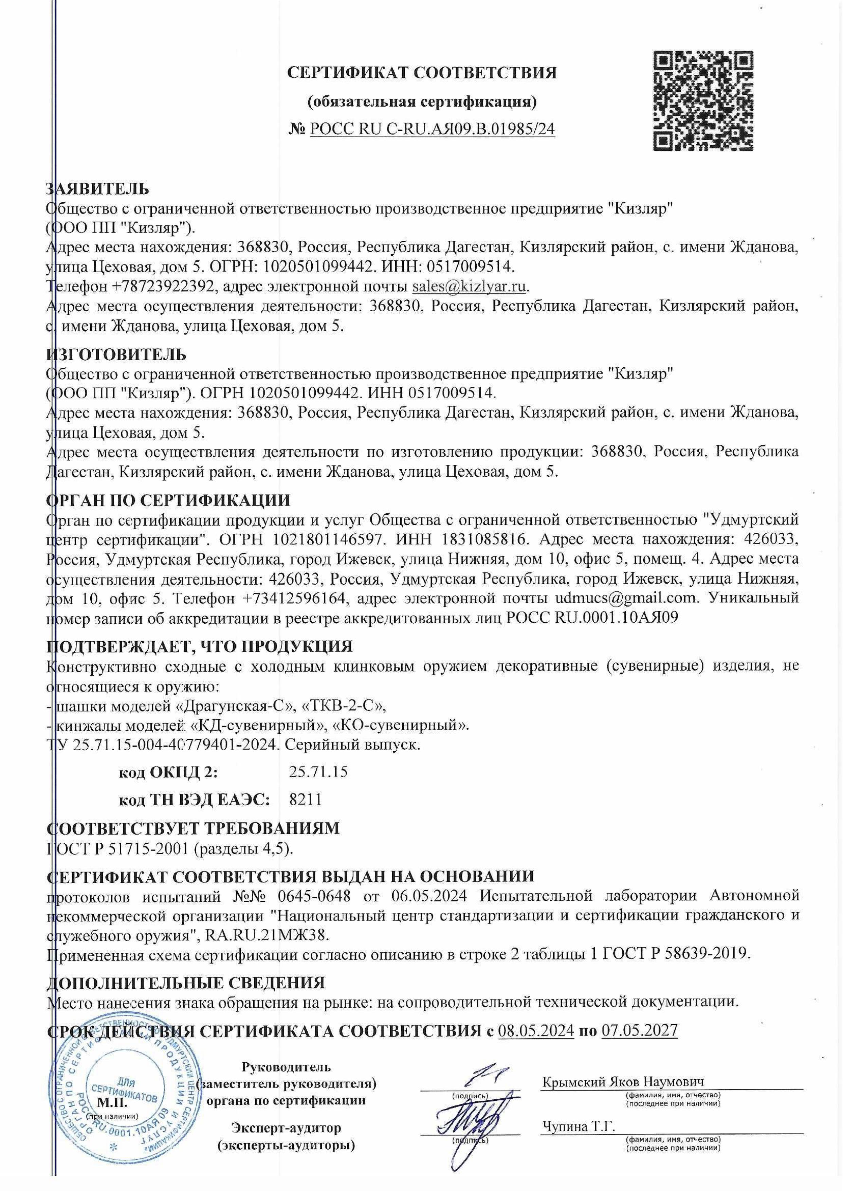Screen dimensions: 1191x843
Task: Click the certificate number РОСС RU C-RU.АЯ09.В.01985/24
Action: [x=432, y=128]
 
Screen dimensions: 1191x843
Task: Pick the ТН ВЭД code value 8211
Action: [x=305, y=799]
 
